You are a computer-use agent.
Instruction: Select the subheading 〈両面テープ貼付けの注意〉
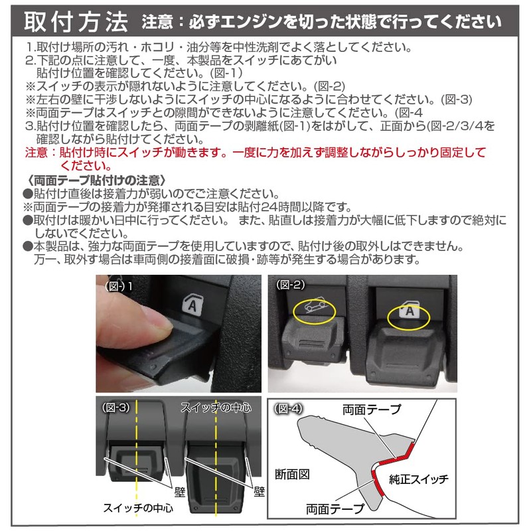[x=97, y=180]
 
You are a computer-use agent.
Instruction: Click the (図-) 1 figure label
[x=120, y=285]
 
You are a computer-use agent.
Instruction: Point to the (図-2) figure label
[x=290, y=285]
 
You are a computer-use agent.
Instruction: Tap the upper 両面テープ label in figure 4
[x=372, y=410]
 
